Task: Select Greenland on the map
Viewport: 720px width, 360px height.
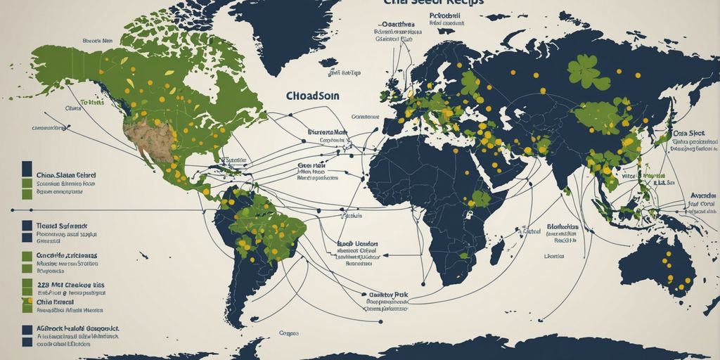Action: [x=281, y=28]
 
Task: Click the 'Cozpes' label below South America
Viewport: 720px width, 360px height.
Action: [x=289, y=333]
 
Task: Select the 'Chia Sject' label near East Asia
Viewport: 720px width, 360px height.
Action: [x=688, y=133]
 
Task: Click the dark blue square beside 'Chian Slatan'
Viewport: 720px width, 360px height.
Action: [x=27, y=169]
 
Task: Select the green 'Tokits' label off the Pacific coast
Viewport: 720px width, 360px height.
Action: [x=92, y=102]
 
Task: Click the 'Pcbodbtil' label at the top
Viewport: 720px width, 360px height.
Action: [x=447, y=14]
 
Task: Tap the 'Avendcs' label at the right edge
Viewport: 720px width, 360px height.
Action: [x=704, y=195]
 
